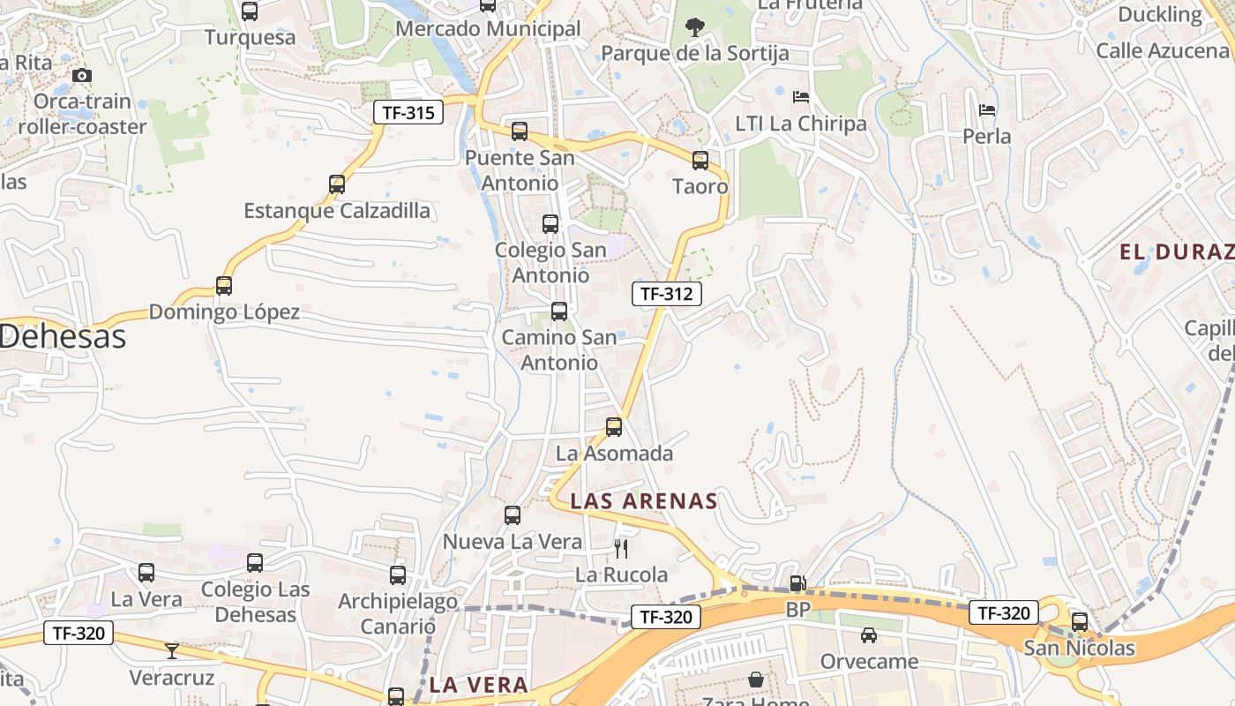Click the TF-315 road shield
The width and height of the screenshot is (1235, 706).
[408, 112]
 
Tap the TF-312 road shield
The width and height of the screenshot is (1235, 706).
[666, 294]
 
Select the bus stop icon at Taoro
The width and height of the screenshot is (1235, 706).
[700, 161]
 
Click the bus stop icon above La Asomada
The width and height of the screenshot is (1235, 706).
[614, 427]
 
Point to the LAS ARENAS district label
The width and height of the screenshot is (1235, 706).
[643, 501]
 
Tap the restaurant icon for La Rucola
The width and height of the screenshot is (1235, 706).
[621, 549]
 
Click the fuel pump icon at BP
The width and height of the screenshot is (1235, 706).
[797, 582]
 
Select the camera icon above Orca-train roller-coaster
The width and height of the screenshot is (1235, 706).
[82, 76]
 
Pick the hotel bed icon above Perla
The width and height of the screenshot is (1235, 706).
[987, 110]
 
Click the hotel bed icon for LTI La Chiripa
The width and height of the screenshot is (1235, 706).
[801, 97]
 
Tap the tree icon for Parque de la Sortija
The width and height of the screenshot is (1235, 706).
[695, 27]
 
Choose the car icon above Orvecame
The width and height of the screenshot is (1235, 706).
[869, 635]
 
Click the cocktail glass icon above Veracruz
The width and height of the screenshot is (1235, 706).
[172, 651]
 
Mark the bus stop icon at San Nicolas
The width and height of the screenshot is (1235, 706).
[1080, 621]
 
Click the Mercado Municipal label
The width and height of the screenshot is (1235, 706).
[488, 29]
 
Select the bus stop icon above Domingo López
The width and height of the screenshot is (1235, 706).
[224, 286]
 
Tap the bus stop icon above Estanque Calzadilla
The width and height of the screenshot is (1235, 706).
[337, 184]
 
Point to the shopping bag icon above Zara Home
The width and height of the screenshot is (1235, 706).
[756, 680]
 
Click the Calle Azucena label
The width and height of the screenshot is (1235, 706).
[1162, 50]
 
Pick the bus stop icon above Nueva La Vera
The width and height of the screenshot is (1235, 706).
[513, 515]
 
